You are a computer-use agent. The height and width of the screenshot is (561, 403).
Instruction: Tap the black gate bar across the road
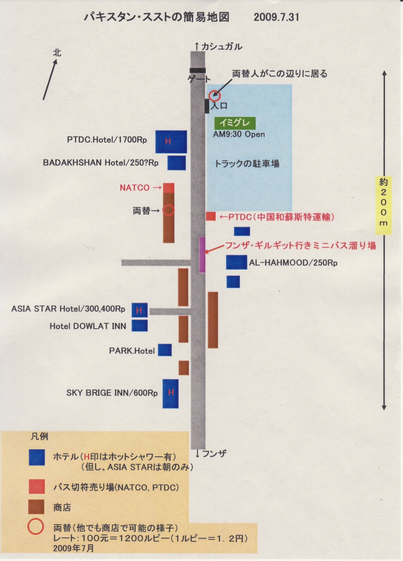[x=198, y=70]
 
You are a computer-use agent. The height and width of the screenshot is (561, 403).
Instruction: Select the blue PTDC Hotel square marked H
[x=171, y=142]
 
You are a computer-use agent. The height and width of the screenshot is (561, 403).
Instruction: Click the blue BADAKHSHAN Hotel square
[x=176, y=163]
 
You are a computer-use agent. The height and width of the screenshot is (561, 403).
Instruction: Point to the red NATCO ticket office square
[x=169, y=188]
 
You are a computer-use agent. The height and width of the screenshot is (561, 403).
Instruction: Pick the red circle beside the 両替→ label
[x=169, y=210]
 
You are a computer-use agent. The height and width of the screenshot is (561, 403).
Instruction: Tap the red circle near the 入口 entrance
[x=214, y=96]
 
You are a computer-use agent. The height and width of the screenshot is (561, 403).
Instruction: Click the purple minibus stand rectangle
[x=202, y=255]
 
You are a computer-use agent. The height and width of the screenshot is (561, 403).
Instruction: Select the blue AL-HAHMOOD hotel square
[x=236, y=262]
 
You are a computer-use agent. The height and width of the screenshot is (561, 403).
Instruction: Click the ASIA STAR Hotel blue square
[x=140, y=310]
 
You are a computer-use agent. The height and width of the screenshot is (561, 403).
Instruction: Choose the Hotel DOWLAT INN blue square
[x=140, y=326]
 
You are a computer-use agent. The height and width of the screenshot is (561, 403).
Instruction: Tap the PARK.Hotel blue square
[x=165, y=350]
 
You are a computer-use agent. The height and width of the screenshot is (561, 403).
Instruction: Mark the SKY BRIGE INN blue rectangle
[x=170, y=394]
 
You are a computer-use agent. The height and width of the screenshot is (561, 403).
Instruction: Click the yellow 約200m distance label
[x=384, y=205]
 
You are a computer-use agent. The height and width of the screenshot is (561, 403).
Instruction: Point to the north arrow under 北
[x=50, y=80]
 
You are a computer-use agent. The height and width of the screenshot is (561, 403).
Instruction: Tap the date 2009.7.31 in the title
[x=277, y=18]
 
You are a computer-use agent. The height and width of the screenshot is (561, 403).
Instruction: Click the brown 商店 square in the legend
[x=36, y=507]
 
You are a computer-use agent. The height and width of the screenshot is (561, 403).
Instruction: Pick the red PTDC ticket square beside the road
[x=211, y=216]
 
